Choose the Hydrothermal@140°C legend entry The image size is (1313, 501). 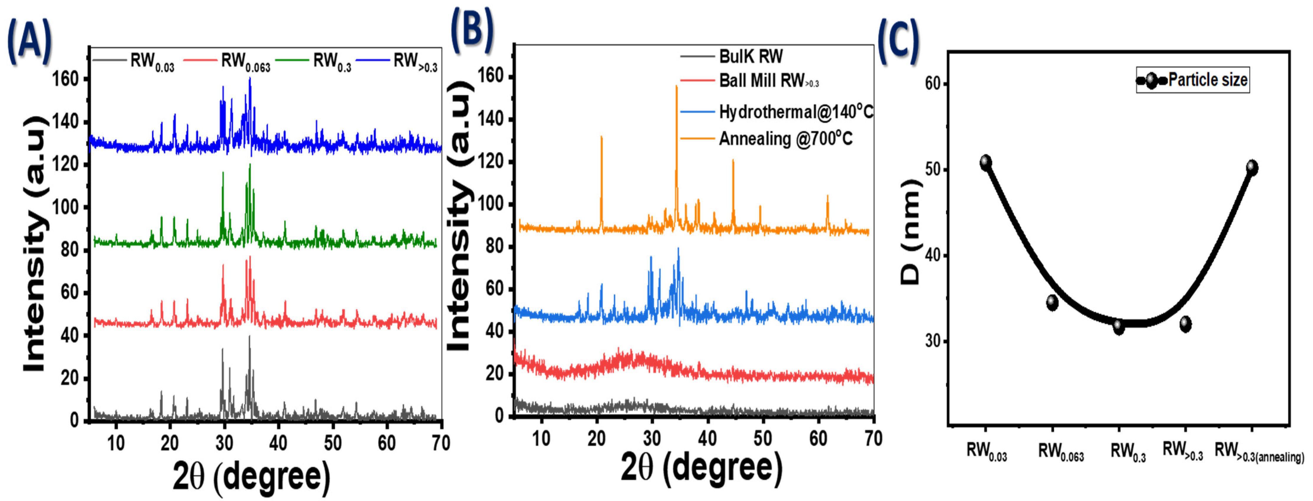[795, 112]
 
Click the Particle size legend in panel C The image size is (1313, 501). [1193, 80]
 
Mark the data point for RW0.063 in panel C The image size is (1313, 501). [1052, 303]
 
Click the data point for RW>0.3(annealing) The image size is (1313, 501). [1252, 167]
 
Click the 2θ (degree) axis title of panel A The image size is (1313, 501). [251, 476]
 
